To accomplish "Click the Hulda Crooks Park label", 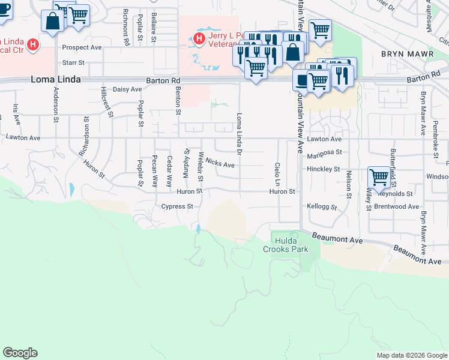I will point(285,244).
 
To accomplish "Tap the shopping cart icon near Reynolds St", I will point(379,177).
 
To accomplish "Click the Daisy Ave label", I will point(127,89).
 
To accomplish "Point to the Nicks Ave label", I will point(219,163).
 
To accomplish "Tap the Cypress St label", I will point(176,206).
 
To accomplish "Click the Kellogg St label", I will point(322,206).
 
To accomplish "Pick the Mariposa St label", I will point(324,153).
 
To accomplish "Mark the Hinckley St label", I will point(323,169).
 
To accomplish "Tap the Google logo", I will point(20,353).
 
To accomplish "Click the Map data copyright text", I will point(411,355).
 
